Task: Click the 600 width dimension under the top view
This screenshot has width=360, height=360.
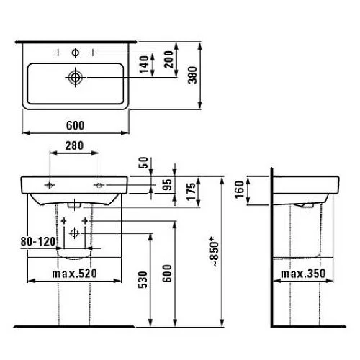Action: pos(76,125)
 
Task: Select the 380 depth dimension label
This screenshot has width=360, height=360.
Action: pos(193,75)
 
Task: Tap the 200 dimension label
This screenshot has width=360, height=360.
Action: pos(169,59)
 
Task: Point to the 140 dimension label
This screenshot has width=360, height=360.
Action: pos(144,65)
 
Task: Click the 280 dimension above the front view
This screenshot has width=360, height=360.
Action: pos(74,145)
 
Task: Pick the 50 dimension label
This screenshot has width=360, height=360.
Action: pos(144,163)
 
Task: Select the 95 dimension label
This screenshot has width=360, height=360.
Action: pos(168,184)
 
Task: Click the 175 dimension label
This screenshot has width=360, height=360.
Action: pos(192,192)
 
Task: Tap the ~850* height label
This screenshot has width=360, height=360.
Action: pos(213,251)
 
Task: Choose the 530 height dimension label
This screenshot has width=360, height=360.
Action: pos(143,280)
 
